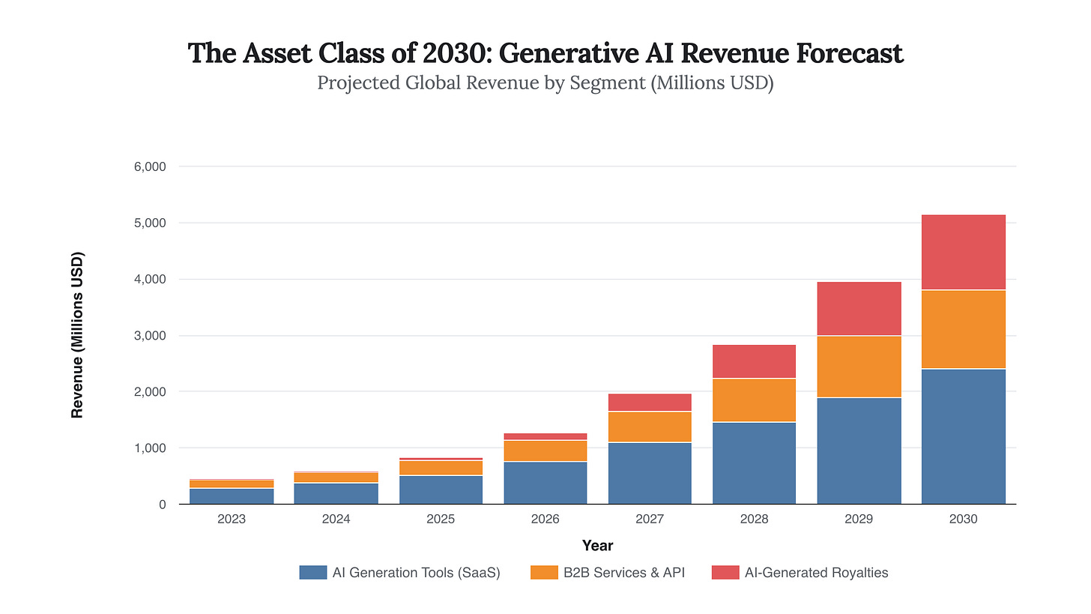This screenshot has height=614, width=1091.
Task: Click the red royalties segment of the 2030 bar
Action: click(x=963, y=252)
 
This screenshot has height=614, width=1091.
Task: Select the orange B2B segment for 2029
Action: click(x=859, y=367)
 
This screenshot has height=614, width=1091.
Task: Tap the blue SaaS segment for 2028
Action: click(x=755, y=463)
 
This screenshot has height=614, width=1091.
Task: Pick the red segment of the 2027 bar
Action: click(x=650, y=402)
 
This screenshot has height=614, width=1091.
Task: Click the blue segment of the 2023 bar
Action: click(x=232, y=496)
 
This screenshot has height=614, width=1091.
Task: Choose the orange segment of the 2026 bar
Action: click(x=545, y=451)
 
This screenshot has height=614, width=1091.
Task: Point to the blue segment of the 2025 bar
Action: click(x=441, y=490)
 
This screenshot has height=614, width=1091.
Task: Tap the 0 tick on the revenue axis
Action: click(x=161, y=505)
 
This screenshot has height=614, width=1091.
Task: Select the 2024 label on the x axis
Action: click(x=336, y=519)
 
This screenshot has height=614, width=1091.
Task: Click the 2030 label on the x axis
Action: click(x=963, y=519)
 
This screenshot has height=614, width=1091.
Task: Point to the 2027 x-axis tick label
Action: click(x=650, y=519)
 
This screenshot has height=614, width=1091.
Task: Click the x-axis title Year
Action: click(x=597, y=546)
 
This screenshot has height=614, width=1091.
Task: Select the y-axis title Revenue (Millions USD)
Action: click(x=77, y=335)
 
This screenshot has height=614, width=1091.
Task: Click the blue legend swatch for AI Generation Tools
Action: click(x=313, y=573)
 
